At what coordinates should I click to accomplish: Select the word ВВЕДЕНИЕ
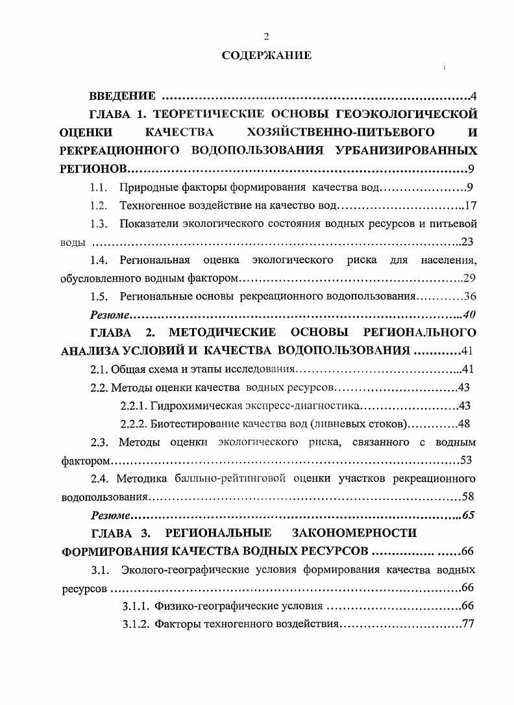point(122,97)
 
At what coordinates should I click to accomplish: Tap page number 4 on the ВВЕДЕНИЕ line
point(474,97)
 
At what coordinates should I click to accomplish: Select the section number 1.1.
point(98,188)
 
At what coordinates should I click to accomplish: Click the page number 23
point(469,243)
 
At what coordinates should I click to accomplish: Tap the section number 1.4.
point(99,261)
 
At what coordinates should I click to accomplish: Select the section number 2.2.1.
point(133,406)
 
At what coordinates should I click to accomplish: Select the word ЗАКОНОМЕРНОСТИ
point(354,533)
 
